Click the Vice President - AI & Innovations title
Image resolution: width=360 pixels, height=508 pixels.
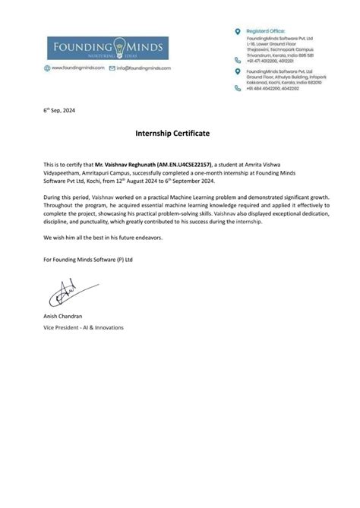(84, 327)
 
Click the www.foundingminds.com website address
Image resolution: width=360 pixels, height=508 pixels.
(79, 68)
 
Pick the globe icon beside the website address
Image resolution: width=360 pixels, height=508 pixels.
(47, 68)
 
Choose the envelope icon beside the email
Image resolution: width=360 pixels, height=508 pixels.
(112, 68)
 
